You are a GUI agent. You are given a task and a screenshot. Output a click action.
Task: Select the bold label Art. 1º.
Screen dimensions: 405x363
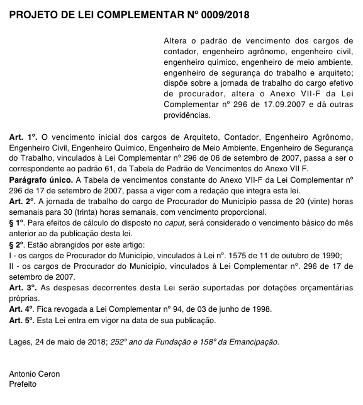pos(24,137)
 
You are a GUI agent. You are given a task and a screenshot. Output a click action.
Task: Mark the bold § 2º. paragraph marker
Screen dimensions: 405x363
pos(18,244)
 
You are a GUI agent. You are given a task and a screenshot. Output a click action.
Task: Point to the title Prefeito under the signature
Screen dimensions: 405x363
pos(23,384)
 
